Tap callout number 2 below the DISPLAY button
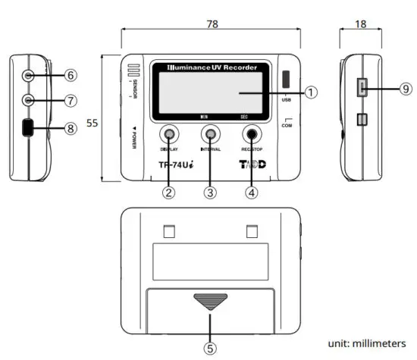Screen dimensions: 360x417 pyautogui.click(x=169, y=192)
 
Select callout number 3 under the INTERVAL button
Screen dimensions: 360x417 pyautogui.click(x=210, y=192)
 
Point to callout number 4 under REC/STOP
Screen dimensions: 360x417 pyautogui.click(x=252, y=192)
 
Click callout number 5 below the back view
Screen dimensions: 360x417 pyautogui.click(x=210, y=349)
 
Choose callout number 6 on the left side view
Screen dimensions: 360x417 pyautogui.click(x=70, y=76)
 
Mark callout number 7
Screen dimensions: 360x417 pyautogui.click(x=70, y=100)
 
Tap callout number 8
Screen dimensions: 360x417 pyautogui.click(x=70, y=129)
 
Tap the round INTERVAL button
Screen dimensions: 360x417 pyautogui.click(x=210, y=136)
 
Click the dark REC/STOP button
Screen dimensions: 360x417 pyautogui.click(x=252, y=136)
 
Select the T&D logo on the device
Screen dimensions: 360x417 pyautogui.click(x=253, y=164)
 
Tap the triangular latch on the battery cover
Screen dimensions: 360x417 pyautogui.click(x=210, y=302)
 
